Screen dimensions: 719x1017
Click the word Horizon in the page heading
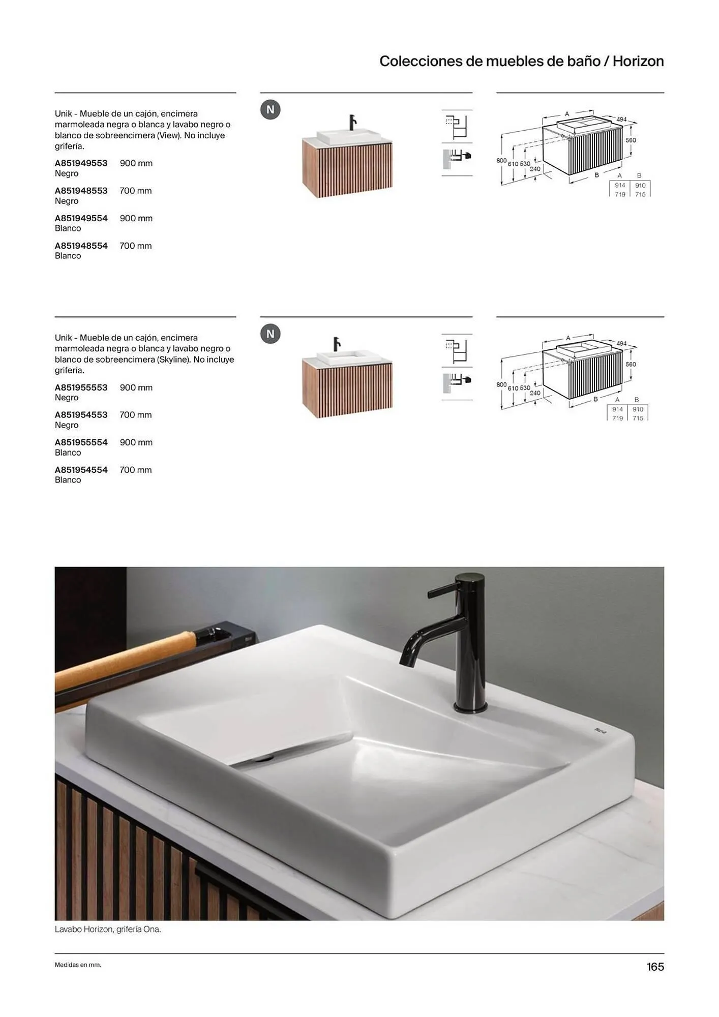[638, 61]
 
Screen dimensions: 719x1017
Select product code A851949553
[81, 163]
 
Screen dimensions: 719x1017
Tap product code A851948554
[81, 246]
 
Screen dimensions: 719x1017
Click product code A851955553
[81, 387]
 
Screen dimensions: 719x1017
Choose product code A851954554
[81, 470]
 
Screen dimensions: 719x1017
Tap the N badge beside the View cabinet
[271, 110]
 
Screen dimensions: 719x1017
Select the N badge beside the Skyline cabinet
[271, 334]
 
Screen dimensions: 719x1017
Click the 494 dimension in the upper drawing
[621, 119]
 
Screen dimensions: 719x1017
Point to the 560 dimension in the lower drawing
[631, 365]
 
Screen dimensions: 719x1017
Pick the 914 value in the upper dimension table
[620, 186]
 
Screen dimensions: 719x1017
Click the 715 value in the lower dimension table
[638, 418]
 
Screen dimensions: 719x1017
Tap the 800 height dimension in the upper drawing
[501, 161]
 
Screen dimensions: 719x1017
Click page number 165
[655, 967]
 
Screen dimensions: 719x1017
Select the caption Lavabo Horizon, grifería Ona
[108, 929]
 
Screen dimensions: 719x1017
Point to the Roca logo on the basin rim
[601, 731]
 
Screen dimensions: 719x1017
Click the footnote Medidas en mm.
[78, 965]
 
